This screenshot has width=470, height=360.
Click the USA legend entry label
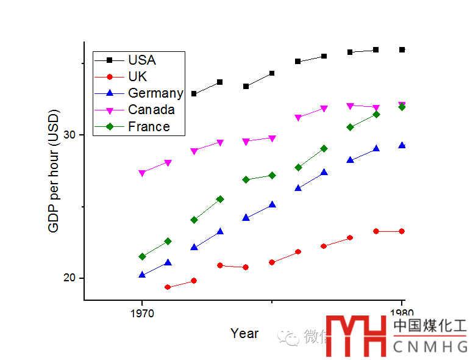[x=142, y=60]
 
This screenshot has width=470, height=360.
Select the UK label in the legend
[x=137, y=77]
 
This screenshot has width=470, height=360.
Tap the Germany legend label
[x=155, y=93]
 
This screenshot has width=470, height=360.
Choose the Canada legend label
[x=151, y=110]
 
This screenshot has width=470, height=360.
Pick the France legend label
[x=149, y=127]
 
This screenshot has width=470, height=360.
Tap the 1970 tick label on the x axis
[x=142, y=313]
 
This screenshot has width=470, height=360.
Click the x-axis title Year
[x=244, y=334]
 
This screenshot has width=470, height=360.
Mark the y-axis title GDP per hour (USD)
[x=54, y=171]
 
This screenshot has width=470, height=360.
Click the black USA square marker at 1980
[x=402, y=49]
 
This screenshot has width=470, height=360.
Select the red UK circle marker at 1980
[x=402, y=231]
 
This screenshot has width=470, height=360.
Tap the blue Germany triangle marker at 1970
[x=142, y=275]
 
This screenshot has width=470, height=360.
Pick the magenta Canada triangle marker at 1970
[x=142, y=173]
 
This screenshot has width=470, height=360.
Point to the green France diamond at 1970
[x=142, y=256]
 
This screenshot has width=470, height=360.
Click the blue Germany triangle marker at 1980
[x=402, y=146]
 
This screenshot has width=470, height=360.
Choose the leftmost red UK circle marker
[x=168, y=287]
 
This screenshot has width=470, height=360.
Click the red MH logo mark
[x=357, y=336]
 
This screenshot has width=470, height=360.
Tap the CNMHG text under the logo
[x=430, y=347]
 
